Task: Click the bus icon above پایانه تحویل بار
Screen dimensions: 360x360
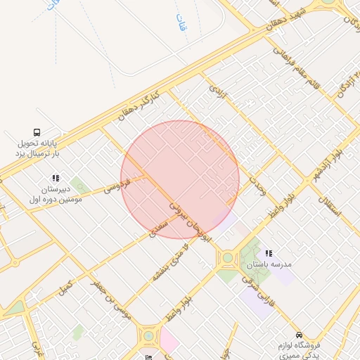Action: pos(37,131)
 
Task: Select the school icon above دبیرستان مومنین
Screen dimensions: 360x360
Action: pos(56,178)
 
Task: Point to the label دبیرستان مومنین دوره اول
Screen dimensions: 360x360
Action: pos(56,194)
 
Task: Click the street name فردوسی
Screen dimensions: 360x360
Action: pos(117,186)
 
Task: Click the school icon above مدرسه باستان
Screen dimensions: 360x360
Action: pos(268,252)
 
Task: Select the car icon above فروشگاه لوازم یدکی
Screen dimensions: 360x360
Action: pos(300,335)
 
